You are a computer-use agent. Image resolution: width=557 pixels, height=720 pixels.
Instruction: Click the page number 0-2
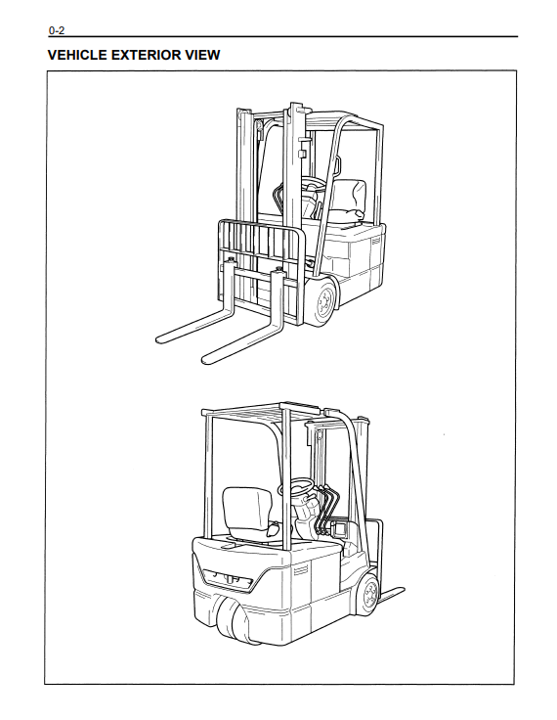pyautogui.click(x=57, y=30)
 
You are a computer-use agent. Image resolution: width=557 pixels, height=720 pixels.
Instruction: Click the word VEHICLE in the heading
pyautogui.click(x=77, y=55)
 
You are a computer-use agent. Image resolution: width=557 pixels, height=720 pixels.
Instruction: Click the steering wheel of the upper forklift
pyautogui.click(x=312, y=186)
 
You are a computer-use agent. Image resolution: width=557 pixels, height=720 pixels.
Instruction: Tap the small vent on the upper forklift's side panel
pyautogui.click(x=376, y=241)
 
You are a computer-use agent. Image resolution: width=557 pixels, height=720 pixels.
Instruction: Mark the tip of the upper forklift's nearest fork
pyautogui.click(x=205, y=360)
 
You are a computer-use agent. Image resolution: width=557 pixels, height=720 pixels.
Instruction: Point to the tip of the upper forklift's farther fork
pyautogui.click(x=158, y=340)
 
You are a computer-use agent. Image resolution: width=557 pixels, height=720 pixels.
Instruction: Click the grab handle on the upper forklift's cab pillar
pyautogui.click(x=340, y=165)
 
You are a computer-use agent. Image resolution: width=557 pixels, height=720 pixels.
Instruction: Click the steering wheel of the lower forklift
pyautogui.click(x=297, y=487)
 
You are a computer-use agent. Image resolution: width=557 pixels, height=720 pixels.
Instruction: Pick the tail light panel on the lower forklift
pyautogui.click(x=228, y=579)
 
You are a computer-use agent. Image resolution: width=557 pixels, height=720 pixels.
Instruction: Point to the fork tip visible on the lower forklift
pyautogui.click(x=402, y=590)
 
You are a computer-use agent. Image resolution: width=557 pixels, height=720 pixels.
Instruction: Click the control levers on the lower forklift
pyautogui.click(x=326, y=509)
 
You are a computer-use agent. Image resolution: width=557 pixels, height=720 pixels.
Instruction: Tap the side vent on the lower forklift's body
pyautogui.click(x=301, y=570)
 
